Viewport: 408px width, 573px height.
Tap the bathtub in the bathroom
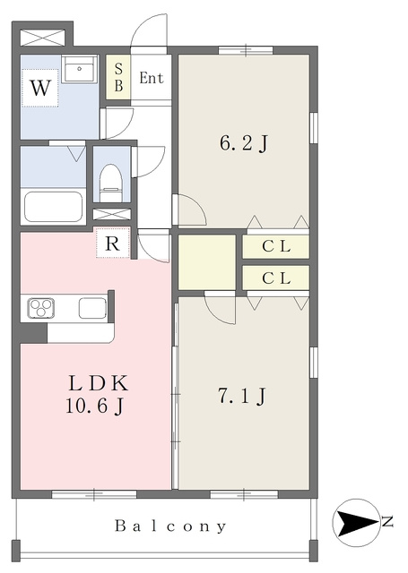click(x=54, y=207)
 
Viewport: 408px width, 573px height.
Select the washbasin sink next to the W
click(x=79, y=70)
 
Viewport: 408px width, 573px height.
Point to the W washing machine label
click(x=39, y=88)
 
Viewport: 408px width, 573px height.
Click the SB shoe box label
click(x=118, y=77)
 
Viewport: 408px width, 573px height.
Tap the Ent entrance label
click(x=152, y=78)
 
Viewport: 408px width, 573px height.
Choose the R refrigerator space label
click(x=112, y=244)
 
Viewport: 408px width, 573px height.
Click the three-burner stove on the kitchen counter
click(x=41, y=308)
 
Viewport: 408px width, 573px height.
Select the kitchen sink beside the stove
click(x=93, y=308)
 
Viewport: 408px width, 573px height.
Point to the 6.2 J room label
click(x=244, y=142)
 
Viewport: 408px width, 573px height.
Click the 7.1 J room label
click(x=242, y=396)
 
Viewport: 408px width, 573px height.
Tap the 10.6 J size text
click(x=95, y=406)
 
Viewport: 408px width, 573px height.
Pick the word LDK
click(x=99, y=383)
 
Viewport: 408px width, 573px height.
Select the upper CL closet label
click(x=276, y=247)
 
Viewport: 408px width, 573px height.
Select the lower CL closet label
click(x=276, y=278)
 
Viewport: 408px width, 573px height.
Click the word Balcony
click(x=170, y=526)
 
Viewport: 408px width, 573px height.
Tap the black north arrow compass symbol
click(x=355, y=523)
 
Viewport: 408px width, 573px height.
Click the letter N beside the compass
click(x=386, y=521)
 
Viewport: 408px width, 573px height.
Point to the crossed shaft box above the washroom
click(x=43, y=38)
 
